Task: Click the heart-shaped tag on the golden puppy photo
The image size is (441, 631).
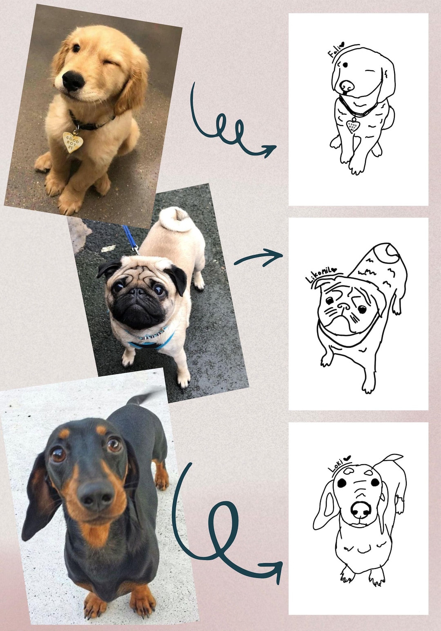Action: [73, 141]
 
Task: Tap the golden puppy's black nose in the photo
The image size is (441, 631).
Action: [73, 81]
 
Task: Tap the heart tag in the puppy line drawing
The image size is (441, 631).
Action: [352, 125]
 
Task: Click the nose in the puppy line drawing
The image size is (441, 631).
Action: [347, 86]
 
